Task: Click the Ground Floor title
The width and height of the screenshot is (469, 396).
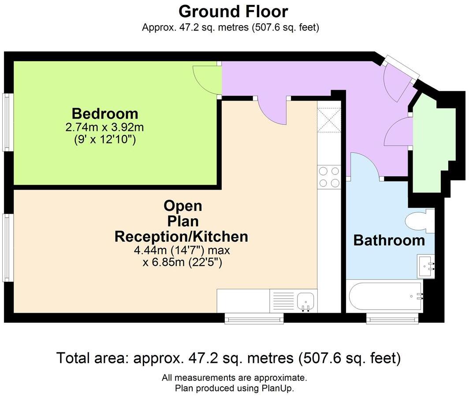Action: (x=233, y=11)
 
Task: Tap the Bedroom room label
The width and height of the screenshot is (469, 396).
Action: (x=105, y=114)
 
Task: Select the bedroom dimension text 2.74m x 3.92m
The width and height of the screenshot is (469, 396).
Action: (x=105, y=127)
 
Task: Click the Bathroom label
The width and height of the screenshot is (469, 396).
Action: (x=389, y=240)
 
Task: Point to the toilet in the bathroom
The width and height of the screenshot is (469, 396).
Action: (x=419, y=221)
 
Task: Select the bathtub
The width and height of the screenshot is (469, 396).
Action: (x=386, y=296)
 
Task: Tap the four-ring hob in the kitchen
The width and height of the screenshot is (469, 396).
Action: (x=329, y=177)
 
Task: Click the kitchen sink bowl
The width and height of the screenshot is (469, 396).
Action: (x=306, y=300)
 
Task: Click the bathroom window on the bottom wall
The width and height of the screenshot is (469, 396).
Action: (x=392, y=319)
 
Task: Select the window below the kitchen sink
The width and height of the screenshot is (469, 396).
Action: (x=254, y=319)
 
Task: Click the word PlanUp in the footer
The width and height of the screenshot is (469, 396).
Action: (x=278, y=388)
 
